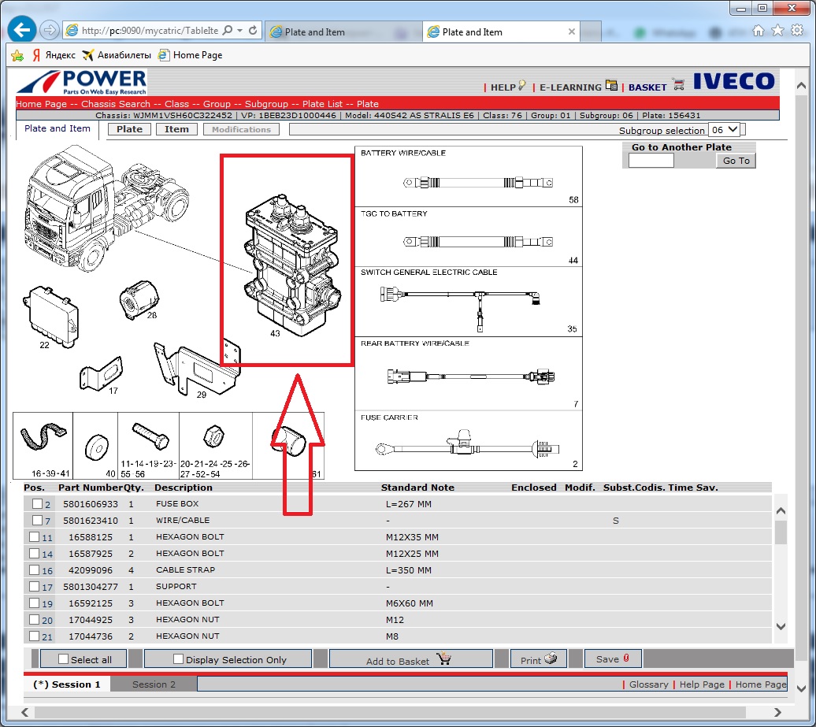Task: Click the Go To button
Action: [x=736, y=161]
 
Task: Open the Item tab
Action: [x=176, y=130]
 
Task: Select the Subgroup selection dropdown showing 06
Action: [x=725, y=130]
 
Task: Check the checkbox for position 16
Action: [x=35, y=569]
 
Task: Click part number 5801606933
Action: [x=91, y=504]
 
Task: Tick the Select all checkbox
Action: [x=64, y=659]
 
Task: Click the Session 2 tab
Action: [x=154, y=684]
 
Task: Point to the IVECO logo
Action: [x=734, y=81]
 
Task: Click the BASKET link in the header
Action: [x=647, y=87]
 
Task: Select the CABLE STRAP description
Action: [x=185, y=569]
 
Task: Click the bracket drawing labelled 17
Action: [x=101, y=373]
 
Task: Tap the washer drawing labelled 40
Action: [x=97, y=447]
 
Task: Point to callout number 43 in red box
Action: [x=276, y=334]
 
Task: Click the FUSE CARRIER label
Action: [x=389, y=417]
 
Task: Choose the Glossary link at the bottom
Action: [x=648, y=684]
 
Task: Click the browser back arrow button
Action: [x=22, y=30]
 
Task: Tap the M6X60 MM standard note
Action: [x=410, y=603]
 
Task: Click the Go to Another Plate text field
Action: [x=651, y=161]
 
